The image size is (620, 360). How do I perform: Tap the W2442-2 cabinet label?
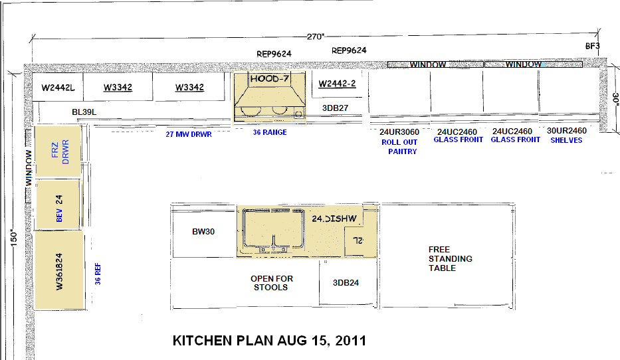(338, 84)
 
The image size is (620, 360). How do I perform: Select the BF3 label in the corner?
(593, 46)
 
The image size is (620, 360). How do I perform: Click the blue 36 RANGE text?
(270, 132)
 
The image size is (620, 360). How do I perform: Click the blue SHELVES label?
(566, 140)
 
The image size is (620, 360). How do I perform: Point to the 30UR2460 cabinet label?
(566, 131)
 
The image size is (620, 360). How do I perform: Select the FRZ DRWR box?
(58, 150)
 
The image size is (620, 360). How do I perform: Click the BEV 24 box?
(58, 203)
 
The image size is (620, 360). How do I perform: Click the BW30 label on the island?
(203, 232)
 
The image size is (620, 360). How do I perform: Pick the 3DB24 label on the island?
(346, 282)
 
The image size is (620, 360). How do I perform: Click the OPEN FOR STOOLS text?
(271, 283)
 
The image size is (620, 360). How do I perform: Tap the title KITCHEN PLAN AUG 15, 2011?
(269, 341)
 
